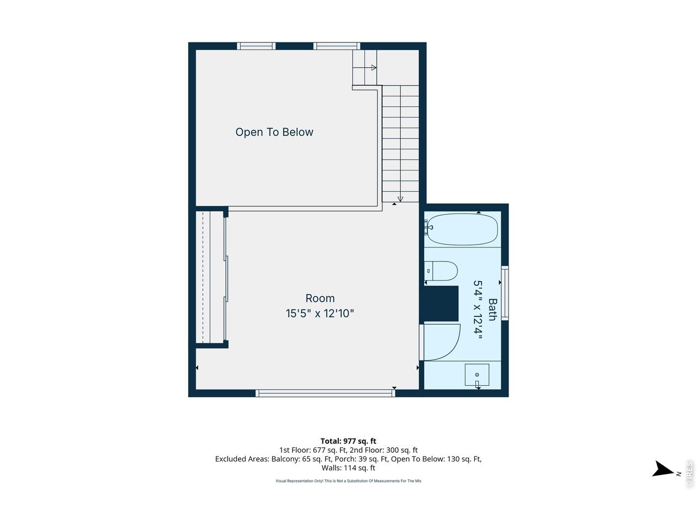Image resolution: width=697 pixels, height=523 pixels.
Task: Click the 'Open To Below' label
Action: tap(274, 132)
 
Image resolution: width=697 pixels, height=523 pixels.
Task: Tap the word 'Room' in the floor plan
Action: tap(320, 298)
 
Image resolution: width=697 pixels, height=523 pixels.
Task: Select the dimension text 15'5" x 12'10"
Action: tap(320, 313)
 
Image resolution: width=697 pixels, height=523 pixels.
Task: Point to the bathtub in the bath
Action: tap(462, 229)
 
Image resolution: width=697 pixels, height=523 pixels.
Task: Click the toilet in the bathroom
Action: tap(441, 271)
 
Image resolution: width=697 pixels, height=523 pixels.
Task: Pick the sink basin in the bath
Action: tap(476, 375)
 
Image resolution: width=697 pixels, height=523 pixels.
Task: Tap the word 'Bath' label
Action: tap(492, 309)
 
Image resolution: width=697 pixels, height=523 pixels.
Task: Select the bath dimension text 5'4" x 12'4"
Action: tap(478, 309)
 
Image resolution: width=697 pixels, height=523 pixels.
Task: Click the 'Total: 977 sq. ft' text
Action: tap(348, 441)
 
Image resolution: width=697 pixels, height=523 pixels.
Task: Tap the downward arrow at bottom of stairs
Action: tap(400, 198)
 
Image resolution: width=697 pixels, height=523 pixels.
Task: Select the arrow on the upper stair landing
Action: tap(374, 68)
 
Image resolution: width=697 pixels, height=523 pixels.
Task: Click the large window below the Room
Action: tap(326, 393)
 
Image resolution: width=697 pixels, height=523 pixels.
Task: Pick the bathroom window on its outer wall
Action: tap(505, 293)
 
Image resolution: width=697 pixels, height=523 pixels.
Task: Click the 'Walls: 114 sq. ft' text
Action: tap(348, 468)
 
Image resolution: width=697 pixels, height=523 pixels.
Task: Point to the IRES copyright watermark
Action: tap(689, 475)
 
